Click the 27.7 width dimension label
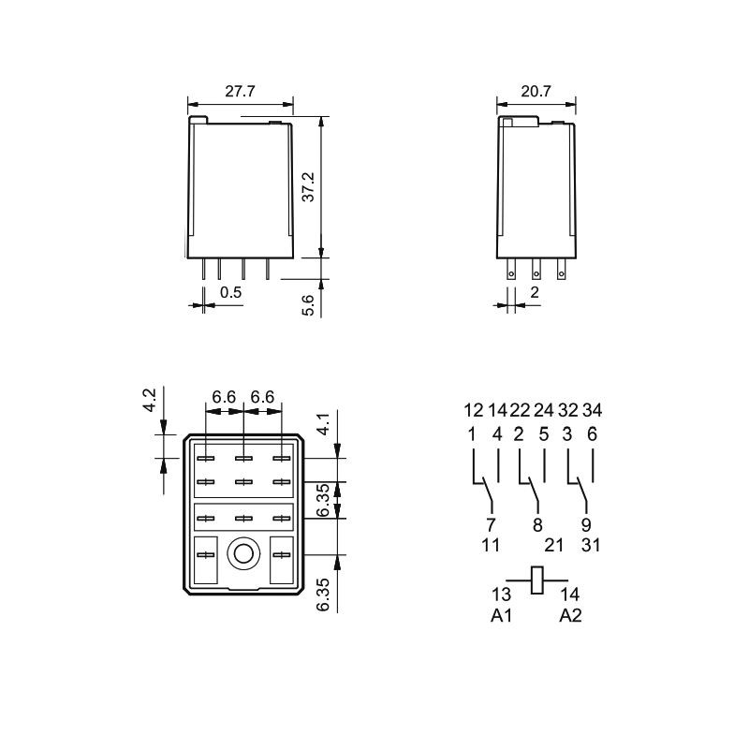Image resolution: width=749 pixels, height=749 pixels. point(240,91)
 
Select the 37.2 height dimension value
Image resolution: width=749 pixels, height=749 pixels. point(309,187)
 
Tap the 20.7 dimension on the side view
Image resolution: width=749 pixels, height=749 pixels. point(536,91)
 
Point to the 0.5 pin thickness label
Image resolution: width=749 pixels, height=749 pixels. point(230,292)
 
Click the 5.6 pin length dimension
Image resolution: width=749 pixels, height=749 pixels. point(309,306)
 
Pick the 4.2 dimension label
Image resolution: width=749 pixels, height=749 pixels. point(150,401)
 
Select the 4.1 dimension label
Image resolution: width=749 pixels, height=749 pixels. point(324,424)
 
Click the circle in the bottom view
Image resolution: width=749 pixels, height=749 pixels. point(243,554)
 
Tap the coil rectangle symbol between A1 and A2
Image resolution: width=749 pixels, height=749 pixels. point(536,580)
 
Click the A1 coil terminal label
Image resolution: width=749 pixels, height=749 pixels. point(501,616)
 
